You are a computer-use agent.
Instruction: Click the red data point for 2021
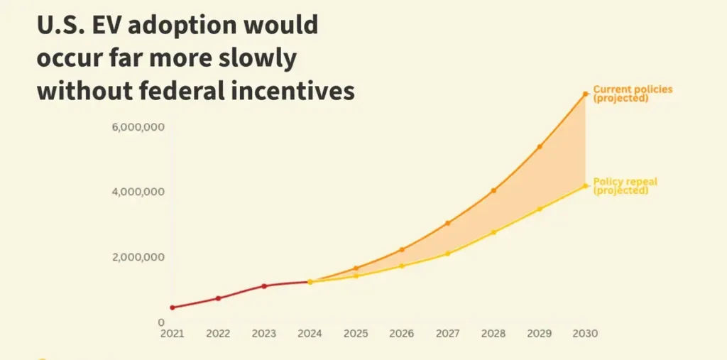click(x=172, y=307)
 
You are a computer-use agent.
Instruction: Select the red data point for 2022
click(x=218, y=298)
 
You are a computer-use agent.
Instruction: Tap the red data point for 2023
click(x=264, y=286)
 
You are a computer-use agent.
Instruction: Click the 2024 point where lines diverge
click(x=310, y=282)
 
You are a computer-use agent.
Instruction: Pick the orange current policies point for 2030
click(x=586, y=94)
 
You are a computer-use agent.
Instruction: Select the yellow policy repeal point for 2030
click(x=586, y=186)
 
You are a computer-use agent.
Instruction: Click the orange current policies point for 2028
click(x=493, y=190)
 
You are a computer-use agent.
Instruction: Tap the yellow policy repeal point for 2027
click(x=447, y=253)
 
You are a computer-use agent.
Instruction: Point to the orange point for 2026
click(x=402, y=249)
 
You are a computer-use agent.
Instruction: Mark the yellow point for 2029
click(x=540, y=209)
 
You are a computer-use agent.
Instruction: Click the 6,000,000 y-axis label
click(x=138, y=127)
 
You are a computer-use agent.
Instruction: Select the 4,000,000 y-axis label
click(x=138, y=192)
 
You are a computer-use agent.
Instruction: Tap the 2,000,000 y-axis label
click(x=138, y=257)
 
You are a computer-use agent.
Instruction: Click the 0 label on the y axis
click(x=161, y=322)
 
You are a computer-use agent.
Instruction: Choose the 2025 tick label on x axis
click(x=356, y=333)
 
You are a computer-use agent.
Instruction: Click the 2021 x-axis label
click(x=172, y=333)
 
